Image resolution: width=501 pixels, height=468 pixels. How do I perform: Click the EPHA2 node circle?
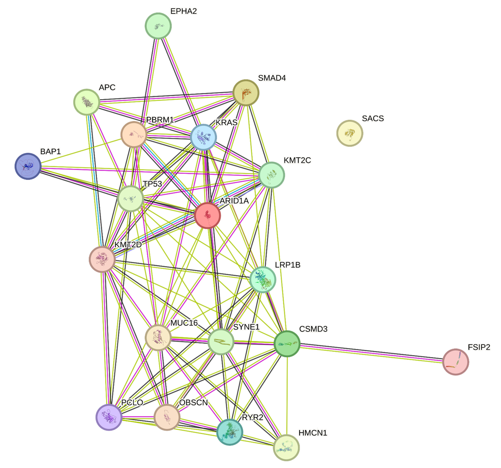click(158, 26)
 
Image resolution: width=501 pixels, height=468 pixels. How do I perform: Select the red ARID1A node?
click(207, 216)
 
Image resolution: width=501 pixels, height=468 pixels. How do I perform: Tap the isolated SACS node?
click(350, 133)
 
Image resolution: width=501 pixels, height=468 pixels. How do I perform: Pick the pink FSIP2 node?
click(455, 362)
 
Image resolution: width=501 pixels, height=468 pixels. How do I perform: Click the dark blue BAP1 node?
click(28, 166)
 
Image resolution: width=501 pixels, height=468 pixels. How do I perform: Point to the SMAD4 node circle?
click(246, 93)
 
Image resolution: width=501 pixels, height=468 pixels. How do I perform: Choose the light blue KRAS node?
click(203, 137)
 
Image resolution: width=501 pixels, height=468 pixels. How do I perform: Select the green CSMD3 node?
click(287, 344)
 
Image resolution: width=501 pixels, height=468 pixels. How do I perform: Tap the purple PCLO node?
click(109, 417)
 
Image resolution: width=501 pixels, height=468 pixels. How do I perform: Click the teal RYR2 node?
click(230, 432)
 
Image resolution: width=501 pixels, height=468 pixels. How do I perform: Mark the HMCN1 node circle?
click(286, 447)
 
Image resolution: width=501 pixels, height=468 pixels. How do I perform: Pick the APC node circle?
click(86, 102)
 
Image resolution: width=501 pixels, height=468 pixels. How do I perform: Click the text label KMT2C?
click(298, 160)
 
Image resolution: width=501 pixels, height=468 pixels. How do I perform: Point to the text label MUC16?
click(184, 323)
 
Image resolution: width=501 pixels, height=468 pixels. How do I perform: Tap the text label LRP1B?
click(288, 265)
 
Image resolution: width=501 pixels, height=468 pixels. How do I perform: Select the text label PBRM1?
click(160, 120)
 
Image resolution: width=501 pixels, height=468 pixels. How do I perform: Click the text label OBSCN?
click(194, 403)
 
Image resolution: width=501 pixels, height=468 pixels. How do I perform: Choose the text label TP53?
click(152, 184)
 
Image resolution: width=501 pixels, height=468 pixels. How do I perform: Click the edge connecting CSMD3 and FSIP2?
click(371, 353)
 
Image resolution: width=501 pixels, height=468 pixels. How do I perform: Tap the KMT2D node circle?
click(102, 259)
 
